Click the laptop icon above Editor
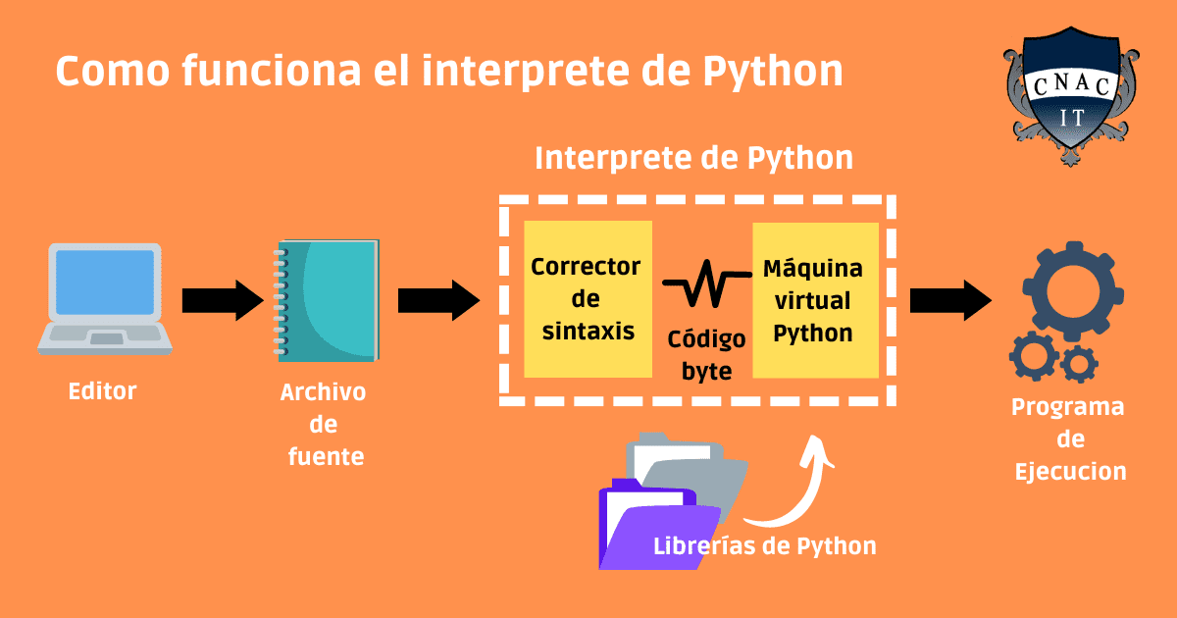pos(105,298)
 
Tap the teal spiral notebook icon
pos(326,300)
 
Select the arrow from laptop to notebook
pos(223,300)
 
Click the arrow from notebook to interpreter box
pos(438,300)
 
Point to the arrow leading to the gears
pos(950,300)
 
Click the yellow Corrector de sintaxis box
pos(588,299)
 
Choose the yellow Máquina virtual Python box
pos(815,300)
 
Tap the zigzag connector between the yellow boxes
pos(707,283)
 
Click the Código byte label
pos(707,355)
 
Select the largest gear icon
pos(1073,291)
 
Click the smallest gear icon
pos(1079,364)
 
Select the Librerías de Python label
pos(764,546)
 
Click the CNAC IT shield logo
pos(1071,96)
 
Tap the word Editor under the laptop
pos(102,391)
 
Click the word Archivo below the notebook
pos(323,392)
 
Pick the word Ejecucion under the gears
pos(1070,472)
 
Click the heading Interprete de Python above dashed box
pos(693,158)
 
